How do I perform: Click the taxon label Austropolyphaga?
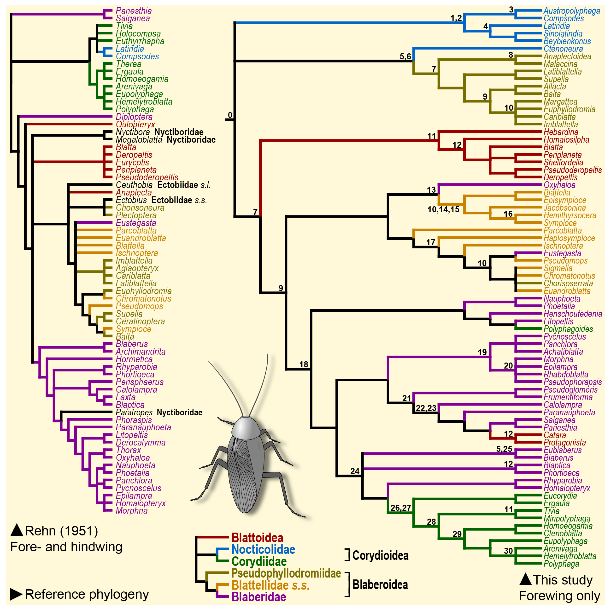tap(571, 11)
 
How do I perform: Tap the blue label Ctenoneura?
tap(563, 49)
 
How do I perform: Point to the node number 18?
tap(304, 365)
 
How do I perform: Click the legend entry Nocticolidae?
tap(263, 550)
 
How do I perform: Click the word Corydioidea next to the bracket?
tap(380, 556)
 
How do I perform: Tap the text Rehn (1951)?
tap(61, 531)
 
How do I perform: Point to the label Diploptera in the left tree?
tap(134, 117)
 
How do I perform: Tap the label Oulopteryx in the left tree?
tap(135, 125)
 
